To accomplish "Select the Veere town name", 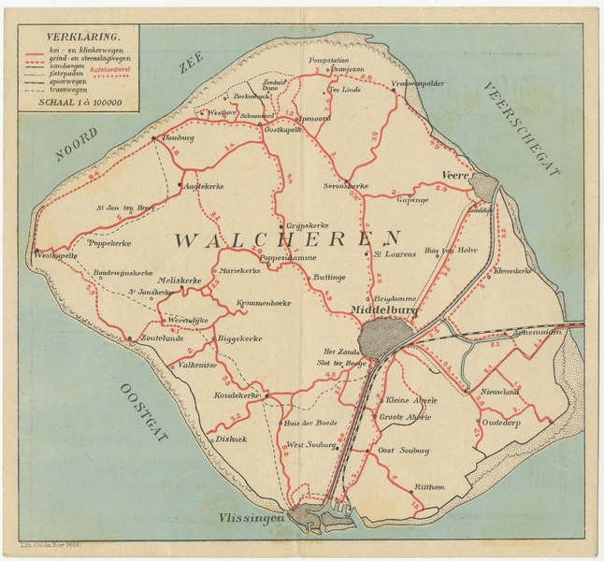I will (456, 176).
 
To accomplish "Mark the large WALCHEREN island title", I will (287, 239).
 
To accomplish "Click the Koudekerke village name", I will (237, 396).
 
